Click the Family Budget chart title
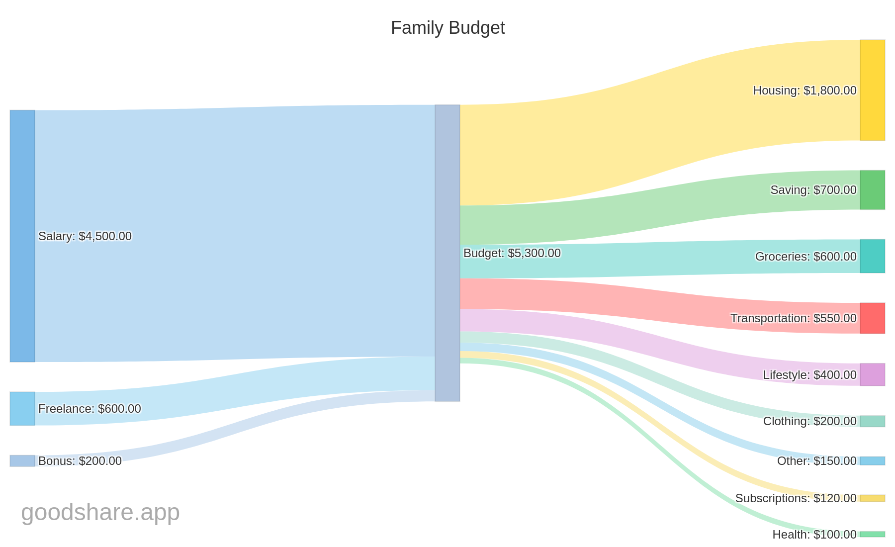tap(447, 28)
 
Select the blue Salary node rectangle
tap(22, 236)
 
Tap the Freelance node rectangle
tap(22, 408)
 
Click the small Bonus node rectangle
tap(22, 461)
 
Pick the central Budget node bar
tap(447, 253)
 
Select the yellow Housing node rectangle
tap(872, 90)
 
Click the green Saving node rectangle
tap(872, 190)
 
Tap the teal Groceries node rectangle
tap(872, 256)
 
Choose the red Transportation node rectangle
tap(872, 318)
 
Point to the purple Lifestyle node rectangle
tap(872, 374)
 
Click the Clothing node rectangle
tap(872, 421)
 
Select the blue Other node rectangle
tap(872, 461)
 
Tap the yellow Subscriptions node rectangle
tap(872, 498)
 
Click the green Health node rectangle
tap(872, 534)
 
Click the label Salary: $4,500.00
tap(85, 236)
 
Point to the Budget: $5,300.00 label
tap(512, 253)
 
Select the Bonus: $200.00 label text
tap(80, 461)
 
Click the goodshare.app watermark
tap(100, 512)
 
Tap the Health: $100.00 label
tap(814, 535)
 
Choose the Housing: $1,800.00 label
tap(805, 91)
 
